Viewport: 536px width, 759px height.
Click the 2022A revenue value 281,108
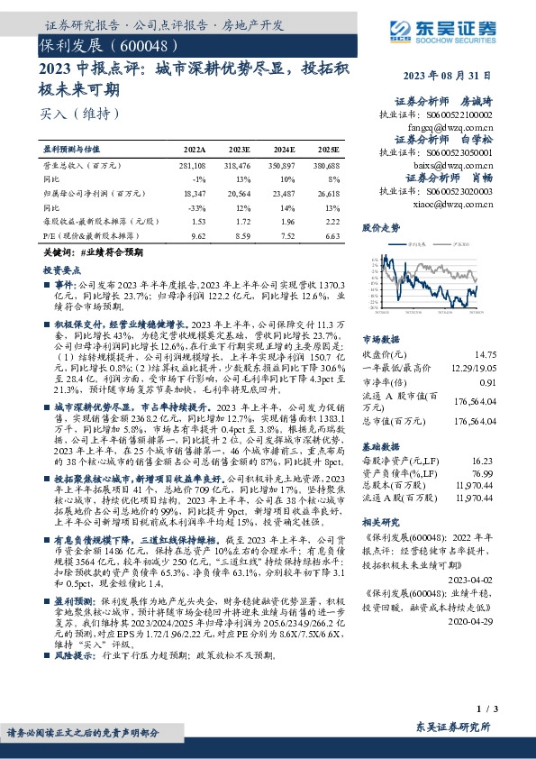194,167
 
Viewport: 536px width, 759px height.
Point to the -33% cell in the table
198,207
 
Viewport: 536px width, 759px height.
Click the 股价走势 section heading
381,229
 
